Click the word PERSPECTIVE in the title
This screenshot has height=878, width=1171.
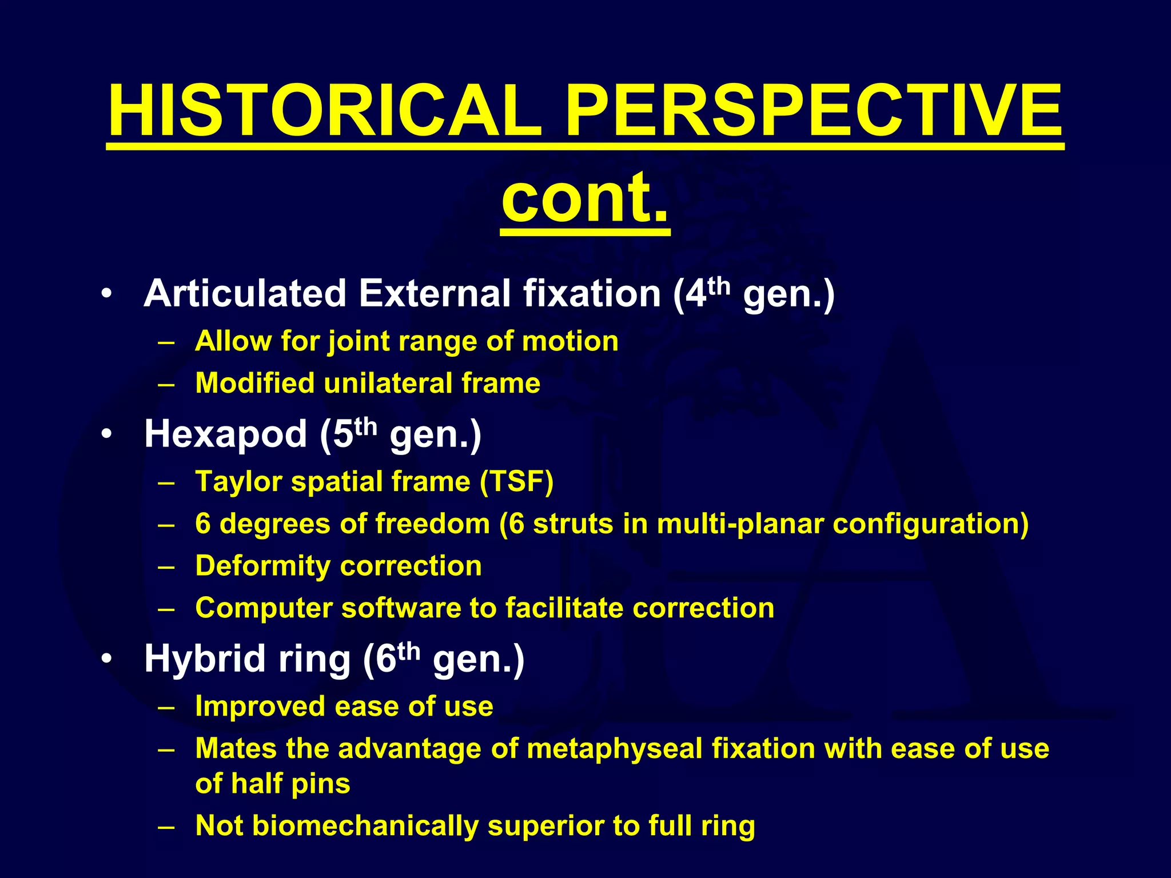click(814, 111)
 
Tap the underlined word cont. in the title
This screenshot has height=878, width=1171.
click(585, 197)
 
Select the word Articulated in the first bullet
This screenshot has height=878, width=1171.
click(245, 294)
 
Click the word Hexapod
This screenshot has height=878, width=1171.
click(225, 434)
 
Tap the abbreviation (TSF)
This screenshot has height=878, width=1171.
click(516, 481)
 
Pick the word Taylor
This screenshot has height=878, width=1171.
click(238, 481)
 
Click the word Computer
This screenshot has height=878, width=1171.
click(264, 608)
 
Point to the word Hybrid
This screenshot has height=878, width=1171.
click(205, 658)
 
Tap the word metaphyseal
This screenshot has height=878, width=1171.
click(614, 748)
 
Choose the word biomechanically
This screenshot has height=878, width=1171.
click(365, 826)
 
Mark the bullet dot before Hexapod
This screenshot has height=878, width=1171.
click(106, 434)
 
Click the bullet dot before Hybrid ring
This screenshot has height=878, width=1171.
click(106, 660)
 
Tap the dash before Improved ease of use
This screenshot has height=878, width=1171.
click(166, 707)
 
